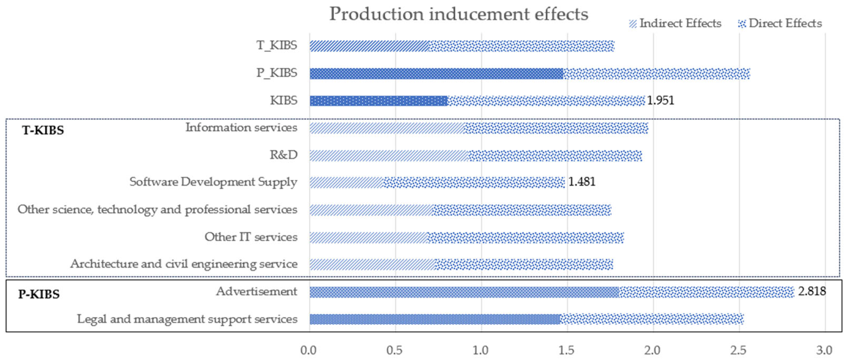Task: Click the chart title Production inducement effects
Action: pyautogui.click(x=458, y=14)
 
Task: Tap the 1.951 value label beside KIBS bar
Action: pyautogui.click(x=660, y=100)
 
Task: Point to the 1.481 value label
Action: pyautogui.click(x=582, y=182)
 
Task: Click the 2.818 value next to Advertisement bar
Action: pyautogui.click(x=812, y=291)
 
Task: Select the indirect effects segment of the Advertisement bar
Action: pyautogui.click(x=464, y=292)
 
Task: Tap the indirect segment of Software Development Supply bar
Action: pyautogui.click(x=346, y=182)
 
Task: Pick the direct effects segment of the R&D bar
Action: pyautogui.click(x=554, y=156)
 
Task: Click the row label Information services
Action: pyautogui.click(x=241, y=128)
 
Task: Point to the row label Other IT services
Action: pyautogui.click(x=251, y=237)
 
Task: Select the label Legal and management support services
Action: pyautogui.click(x=187, y=319)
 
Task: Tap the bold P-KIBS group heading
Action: pyautogui.click(x=39, y=294)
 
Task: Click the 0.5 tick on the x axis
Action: pyautogui.click(x=395, y=350)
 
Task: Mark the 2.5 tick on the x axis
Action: pyautogui.click(x=738, y=350)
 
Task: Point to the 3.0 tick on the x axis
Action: pyautogui.click(x=824, y=350)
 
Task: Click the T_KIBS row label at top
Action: pyautogui.click(x=277, y=45)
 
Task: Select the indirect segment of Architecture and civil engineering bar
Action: pyautogui.click(x=372, y=264)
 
